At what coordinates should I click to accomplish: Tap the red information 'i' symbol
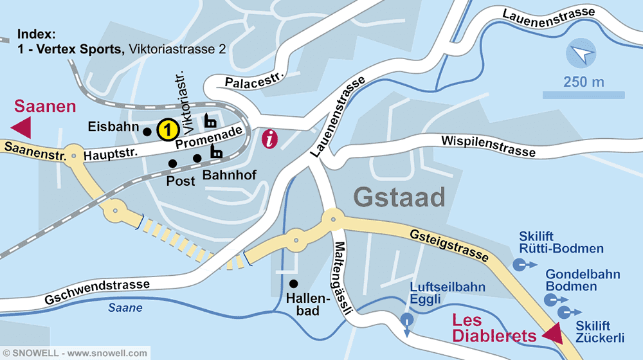[x=271, y=139]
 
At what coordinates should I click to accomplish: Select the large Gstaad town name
[x=399, y=197]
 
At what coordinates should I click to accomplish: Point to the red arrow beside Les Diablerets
[x=552, y=334]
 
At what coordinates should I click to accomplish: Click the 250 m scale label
[x=583, y=82]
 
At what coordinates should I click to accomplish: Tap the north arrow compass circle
[x=581, y=55]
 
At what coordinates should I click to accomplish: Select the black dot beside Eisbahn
[x=147, y=132]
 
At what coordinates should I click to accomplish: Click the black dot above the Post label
[x=172, y=163]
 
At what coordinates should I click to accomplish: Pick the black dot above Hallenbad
[x=293, y=283]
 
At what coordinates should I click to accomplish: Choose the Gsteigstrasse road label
[x=448, y=243]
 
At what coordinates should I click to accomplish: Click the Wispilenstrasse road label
[x=488, y=146]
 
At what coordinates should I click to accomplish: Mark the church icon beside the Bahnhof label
[x=216, y=152]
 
